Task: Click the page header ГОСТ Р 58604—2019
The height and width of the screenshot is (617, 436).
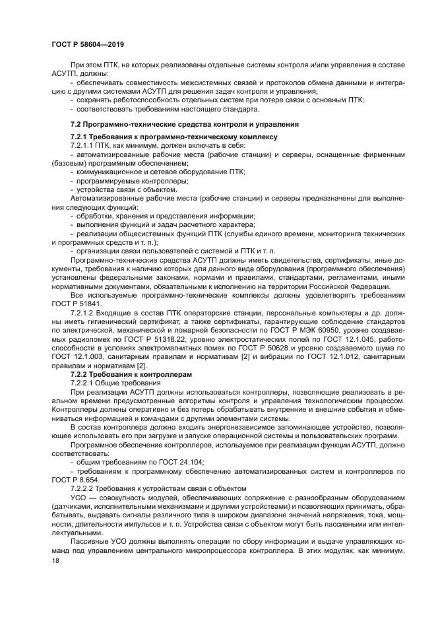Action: click(x=88, y=44)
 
